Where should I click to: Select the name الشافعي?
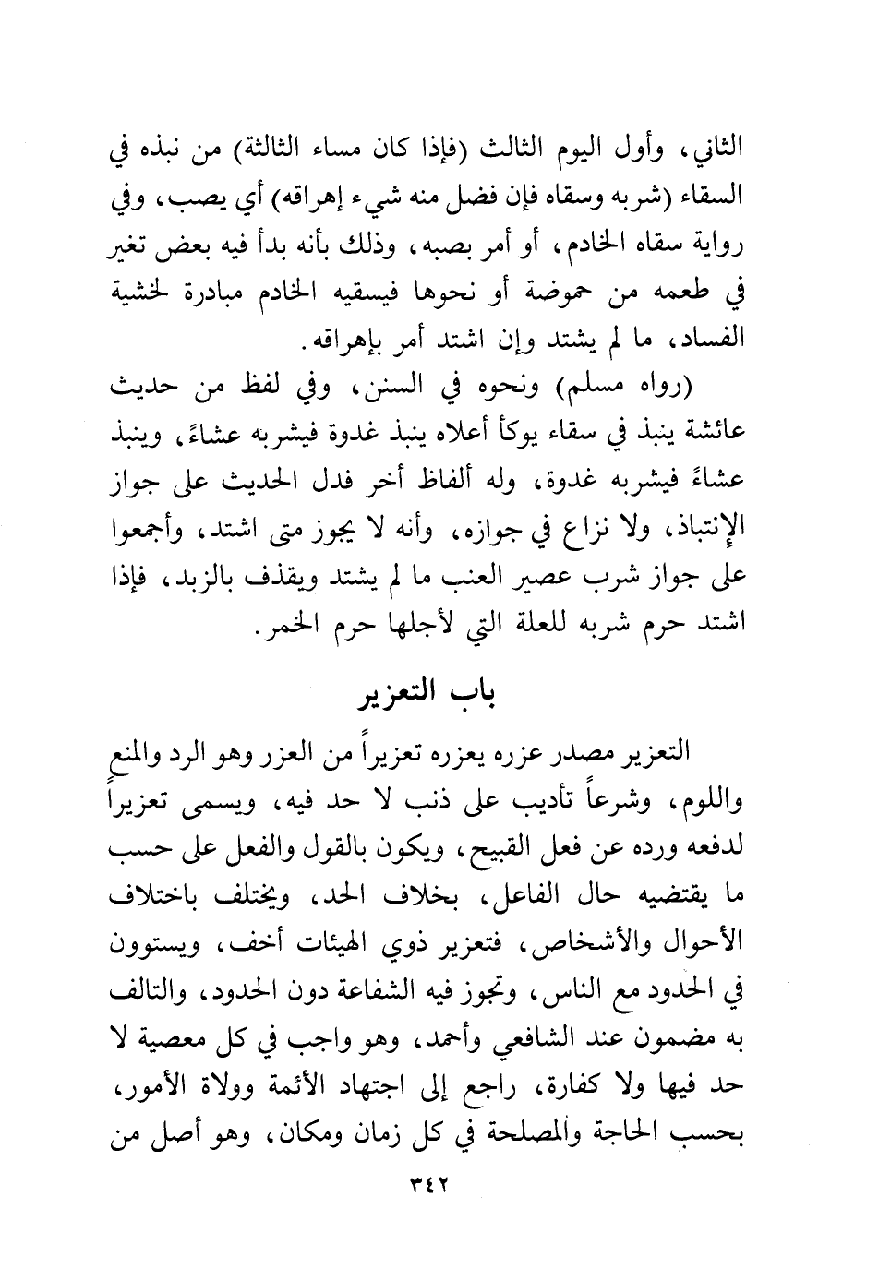[476, 1043]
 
